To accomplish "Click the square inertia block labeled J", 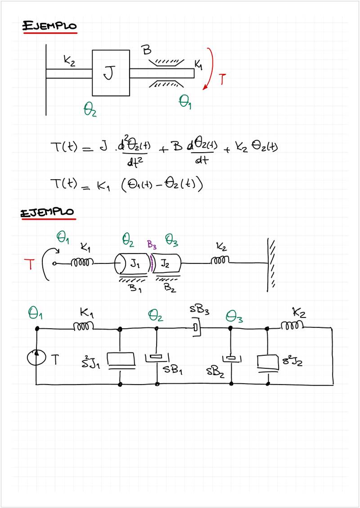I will pyautogui.click(x=111, y=73).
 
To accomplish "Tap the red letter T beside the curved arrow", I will pyautogui.click(x=222, y=80).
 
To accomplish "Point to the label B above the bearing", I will pyautogui.click(x=147, y=50).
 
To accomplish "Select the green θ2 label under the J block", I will pyautogui.click(x=90, y=109).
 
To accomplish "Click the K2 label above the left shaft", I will pyautogui.click(x=69, y=61).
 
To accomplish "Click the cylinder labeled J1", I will pyautogui.click(x=133, y=264).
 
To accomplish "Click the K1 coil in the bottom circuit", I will pyautogui.click(x=84, y=327).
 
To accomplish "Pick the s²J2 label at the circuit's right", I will pyautogui.click(x=292, y=361).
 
